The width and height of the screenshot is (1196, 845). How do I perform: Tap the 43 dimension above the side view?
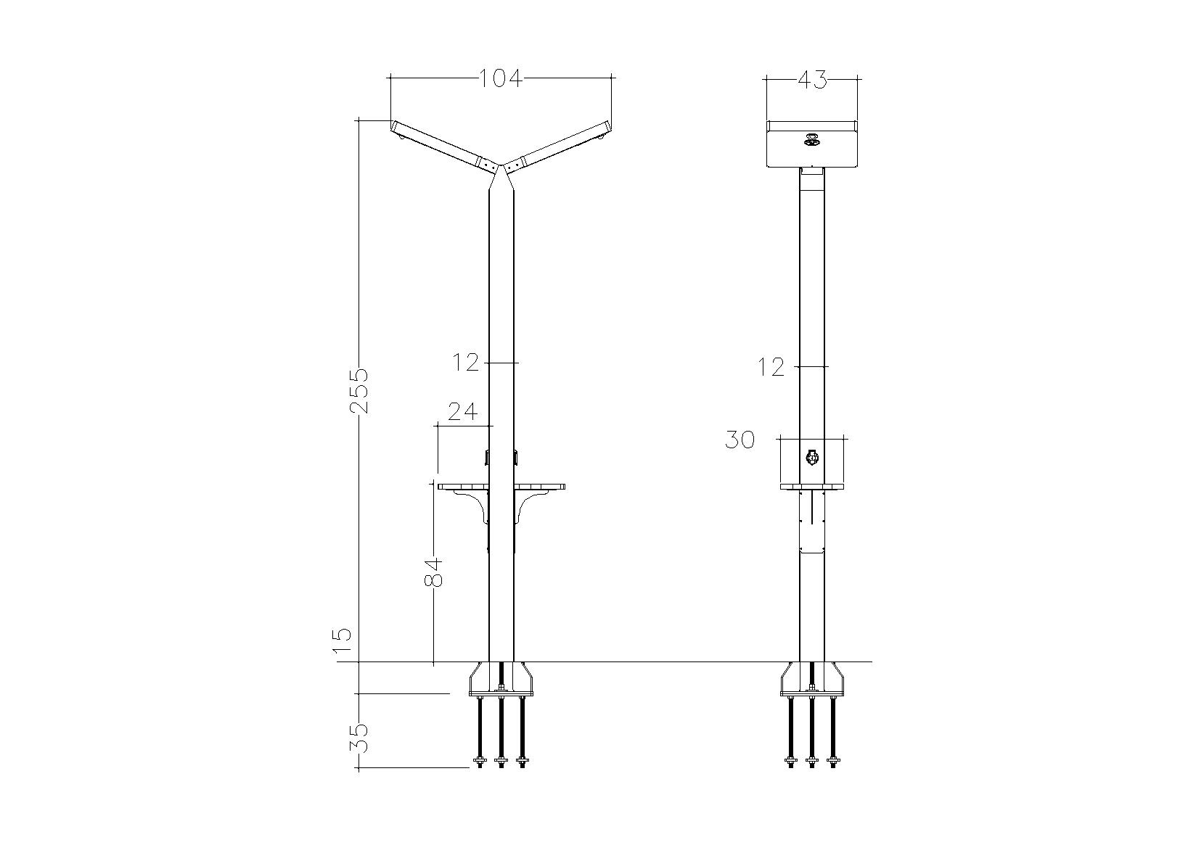coord(812,80)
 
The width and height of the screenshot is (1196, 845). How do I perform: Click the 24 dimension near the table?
coord(462,412)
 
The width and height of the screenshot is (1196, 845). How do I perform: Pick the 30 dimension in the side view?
coord(740,440)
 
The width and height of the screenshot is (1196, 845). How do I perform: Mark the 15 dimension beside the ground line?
coord(343,642)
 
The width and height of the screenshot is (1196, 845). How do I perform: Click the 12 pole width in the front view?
coord(466,363)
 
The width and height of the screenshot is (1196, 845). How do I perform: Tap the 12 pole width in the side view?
coord(771,367)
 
